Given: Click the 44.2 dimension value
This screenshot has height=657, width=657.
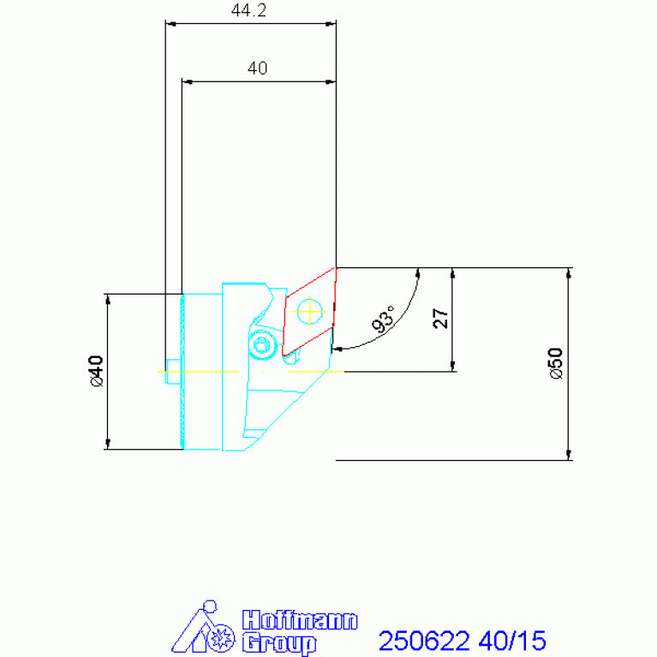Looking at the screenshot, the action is point(248,10).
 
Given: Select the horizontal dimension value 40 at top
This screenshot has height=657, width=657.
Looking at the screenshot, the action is point(257,68).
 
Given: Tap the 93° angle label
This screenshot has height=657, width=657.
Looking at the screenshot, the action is point(384,319).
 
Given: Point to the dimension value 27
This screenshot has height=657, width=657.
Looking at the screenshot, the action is point(440,319).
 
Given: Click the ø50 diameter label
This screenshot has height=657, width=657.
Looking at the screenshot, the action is point(556,363).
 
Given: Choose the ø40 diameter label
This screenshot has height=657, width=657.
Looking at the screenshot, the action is point(96,371).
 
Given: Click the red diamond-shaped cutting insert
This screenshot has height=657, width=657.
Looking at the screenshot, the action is point(309,312).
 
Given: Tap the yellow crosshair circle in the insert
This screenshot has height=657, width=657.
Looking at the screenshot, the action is point(309,312).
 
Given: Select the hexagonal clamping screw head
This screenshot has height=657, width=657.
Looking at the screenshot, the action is point(262,346).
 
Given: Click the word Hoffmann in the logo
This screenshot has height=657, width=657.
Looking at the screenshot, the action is point(300,620).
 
